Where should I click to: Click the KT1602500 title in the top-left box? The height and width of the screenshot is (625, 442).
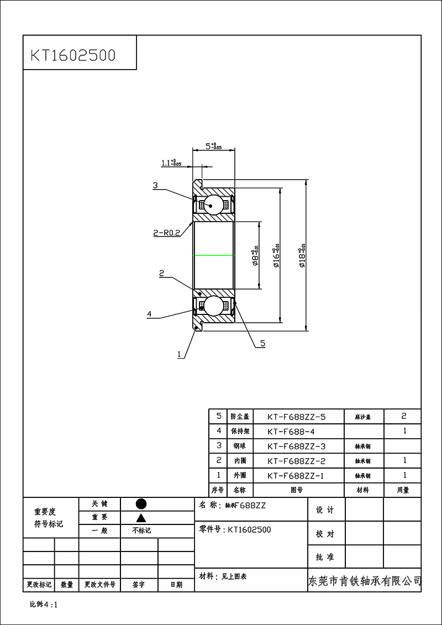tap(72, 55)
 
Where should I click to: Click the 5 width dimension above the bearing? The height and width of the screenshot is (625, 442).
tap(213, 146)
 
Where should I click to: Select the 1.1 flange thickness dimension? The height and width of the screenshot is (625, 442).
tap(171, 163)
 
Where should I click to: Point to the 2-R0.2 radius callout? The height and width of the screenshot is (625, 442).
tap(166, 233)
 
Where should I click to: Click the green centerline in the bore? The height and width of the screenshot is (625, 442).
tap(213, 256)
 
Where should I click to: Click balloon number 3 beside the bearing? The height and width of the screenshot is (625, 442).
tap(156, 186)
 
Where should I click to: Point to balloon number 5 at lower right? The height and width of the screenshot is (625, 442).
tap(262, 343)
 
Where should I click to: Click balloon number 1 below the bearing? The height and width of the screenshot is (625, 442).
tap(179, 354)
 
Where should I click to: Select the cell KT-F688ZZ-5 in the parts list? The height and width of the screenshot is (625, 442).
tap(296, 417)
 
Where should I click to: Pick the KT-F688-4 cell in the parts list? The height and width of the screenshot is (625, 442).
tap(291, 431)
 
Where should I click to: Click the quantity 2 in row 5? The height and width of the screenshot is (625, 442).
tap(404, 416)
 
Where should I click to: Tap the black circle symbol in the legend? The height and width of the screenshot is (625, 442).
tap(141, 504)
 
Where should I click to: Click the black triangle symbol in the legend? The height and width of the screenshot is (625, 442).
tap(141, 518)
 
